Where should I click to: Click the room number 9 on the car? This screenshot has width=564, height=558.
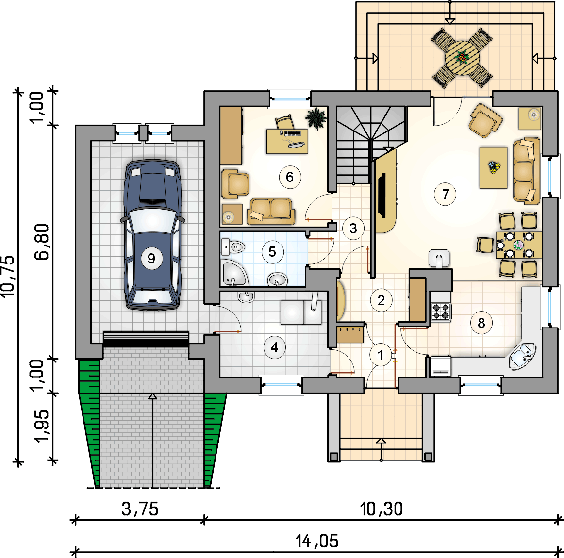[x=151, y=258]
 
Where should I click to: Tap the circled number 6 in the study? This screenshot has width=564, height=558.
[x=290, y=177]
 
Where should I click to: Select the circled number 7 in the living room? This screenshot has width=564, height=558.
[x=446, y=195]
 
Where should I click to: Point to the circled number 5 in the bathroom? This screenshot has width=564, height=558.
[x=272, y=251]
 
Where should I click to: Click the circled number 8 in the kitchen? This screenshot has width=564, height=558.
[x=481, y=323]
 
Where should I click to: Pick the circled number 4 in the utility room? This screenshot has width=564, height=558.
[x=274, y=347]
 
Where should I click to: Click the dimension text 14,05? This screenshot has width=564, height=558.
[x=317, y=541]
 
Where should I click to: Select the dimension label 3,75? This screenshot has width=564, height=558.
[x=140, y=509]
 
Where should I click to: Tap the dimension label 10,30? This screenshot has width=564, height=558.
[x=382, y=509]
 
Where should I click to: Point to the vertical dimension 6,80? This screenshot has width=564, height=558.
[x=42, y=242]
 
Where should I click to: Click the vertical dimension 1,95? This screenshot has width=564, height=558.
[x=42, y=426]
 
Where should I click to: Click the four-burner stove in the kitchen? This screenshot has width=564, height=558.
[x=441, y=312]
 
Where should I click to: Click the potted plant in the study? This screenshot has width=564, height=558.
[x=316, y=118]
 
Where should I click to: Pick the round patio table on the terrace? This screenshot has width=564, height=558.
[x=462, y=58]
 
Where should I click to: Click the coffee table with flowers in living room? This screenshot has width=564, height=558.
[x=494, y=167]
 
